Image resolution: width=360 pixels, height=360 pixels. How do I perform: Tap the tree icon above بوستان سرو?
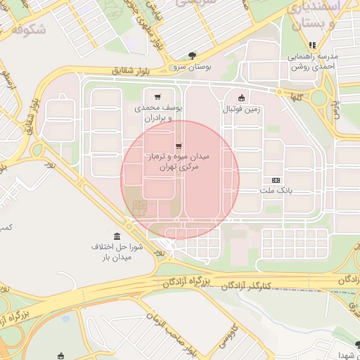coord(192,56)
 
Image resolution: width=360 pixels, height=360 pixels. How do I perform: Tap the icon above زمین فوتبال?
coord(242,98)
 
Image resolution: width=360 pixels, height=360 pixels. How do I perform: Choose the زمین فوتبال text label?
coord(242,109)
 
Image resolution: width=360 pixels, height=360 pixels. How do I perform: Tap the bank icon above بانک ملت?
coord(276,179)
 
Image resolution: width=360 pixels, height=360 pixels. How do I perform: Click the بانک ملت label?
coord(276,190)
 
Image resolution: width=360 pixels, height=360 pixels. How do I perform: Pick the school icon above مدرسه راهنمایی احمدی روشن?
coord(312,46)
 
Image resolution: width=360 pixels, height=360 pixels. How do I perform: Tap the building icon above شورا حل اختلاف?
coord(116,236)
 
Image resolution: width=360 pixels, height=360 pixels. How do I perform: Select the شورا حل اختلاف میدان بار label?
coord(116,252)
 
